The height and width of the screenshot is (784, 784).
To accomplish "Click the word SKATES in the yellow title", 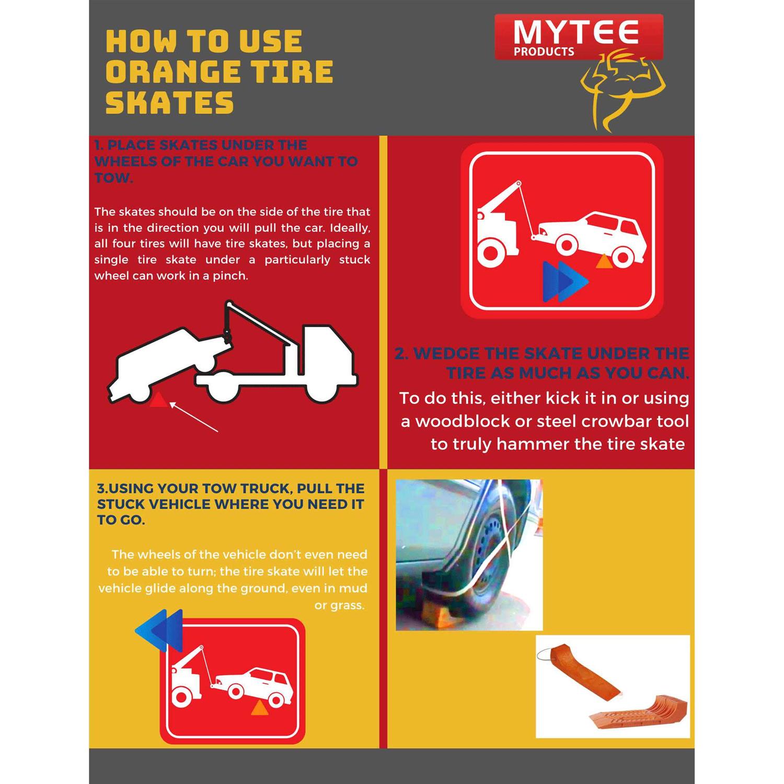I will click(x=169, y=102).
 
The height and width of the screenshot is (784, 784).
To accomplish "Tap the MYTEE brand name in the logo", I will click(x=575, y=32).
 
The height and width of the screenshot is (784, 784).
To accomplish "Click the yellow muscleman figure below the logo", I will click(x=622, y=89).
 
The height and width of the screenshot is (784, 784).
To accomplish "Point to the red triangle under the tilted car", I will click(x=158, y=400).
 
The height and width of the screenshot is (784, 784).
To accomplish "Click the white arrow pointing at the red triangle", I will click(x=193, y=417).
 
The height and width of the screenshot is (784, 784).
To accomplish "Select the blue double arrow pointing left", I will click(x=159, y=630).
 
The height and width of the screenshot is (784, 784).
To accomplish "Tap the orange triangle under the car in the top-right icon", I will click(x=604, y=261).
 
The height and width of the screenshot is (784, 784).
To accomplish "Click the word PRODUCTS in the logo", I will click(x=544, y=52).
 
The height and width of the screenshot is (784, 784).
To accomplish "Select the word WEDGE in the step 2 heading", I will click(x=446, y=354).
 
